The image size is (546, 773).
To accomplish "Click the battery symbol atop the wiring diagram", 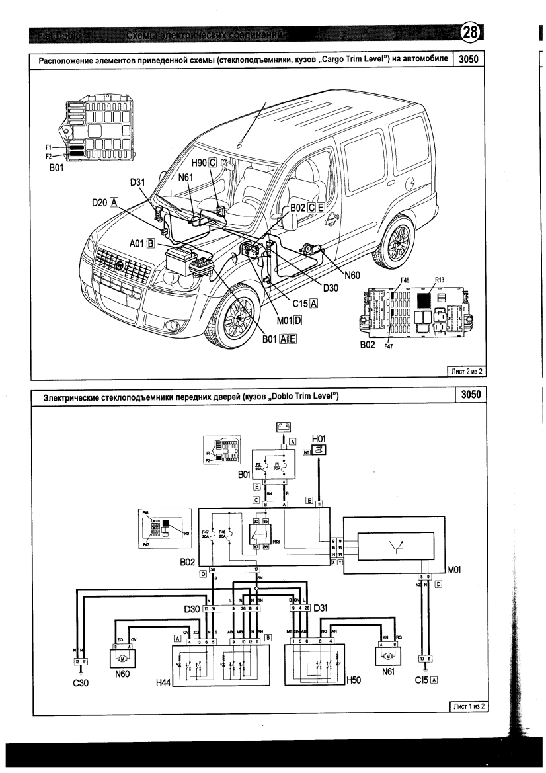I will (x=283, y=427).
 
